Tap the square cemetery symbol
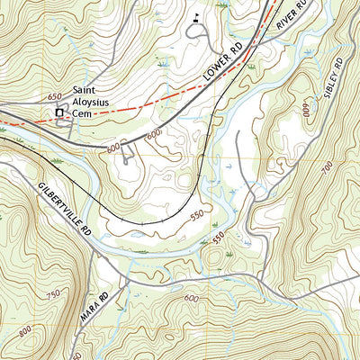pos(59,112)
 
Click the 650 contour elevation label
pos(55,94)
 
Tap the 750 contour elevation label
pos(55,293)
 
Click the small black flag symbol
pos(196,16)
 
